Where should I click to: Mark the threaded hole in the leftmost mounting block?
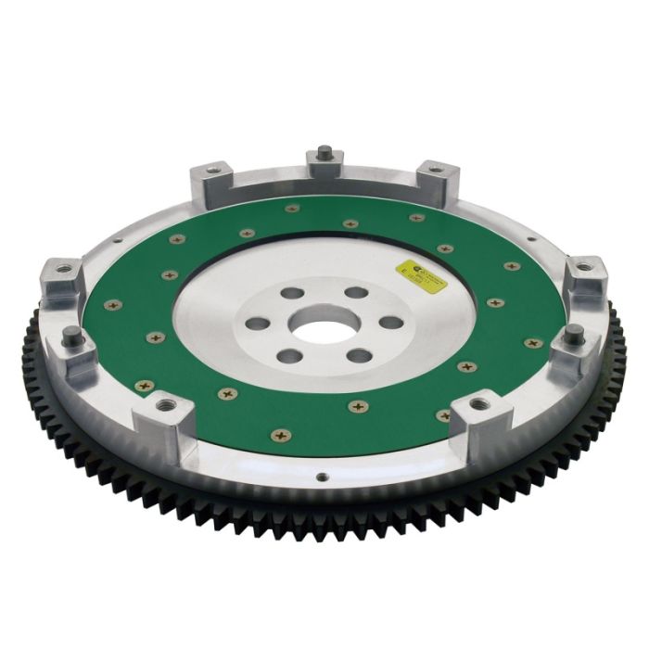[x=65, y=270]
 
